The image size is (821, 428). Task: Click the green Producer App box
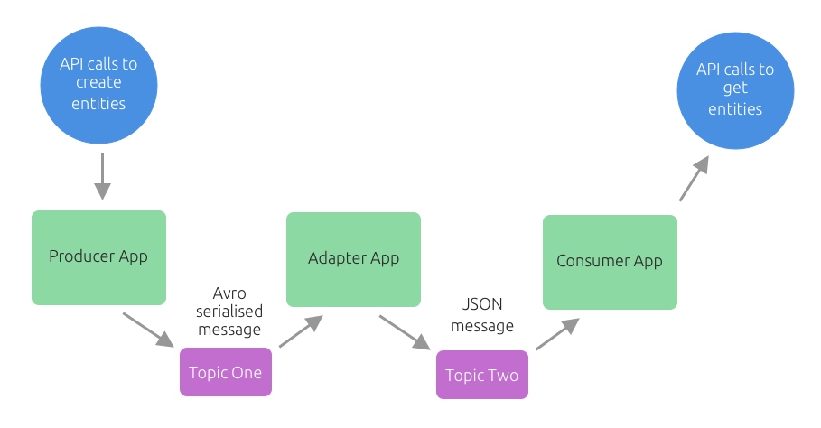pos(98,257)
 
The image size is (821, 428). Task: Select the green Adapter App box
pos(353,259)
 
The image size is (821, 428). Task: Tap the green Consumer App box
pos(610,262)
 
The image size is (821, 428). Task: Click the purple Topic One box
pos(225,372)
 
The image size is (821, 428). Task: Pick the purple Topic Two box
pos(482,375)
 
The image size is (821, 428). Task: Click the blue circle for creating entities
pos(98,84)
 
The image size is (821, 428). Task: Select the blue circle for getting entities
pos(735,89)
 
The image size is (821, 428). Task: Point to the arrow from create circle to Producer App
pos(102,175)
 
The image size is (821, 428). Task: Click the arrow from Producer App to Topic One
pos(148,330)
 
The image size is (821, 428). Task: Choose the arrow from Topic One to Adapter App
pos(300,331)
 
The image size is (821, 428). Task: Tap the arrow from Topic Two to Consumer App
pos(555,334)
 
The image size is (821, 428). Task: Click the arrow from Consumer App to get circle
pos(694,177)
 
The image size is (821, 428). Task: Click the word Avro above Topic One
pos(229,293)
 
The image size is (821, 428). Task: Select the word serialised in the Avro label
pos(229,311)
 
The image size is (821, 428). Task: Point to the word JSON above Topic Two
pos(482,307)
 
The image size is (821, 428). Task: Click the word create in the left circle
pos(98,83)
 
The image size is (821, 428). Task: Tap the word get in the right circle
pos(735,88)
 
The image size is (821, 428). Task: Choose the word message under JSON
pos(482,326)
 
